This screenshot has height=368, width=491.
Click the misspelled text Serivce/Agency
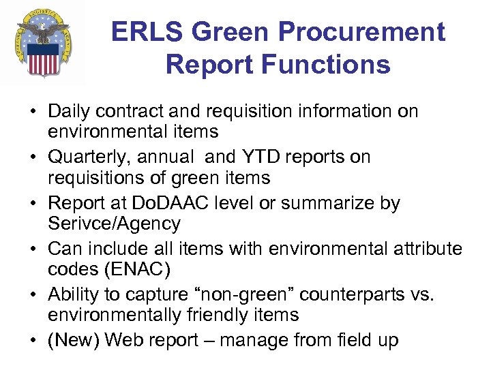(x=115, y=223)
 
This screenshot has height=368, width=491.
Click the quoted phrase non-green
(x=241, y=296)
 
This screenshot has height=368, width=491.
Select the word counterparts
(x=351, y=296)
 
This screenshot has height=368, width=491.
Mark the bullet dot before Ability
(x=33, y=296)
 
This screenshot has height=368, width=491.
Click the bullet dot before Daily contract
(x=33, y=110)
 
